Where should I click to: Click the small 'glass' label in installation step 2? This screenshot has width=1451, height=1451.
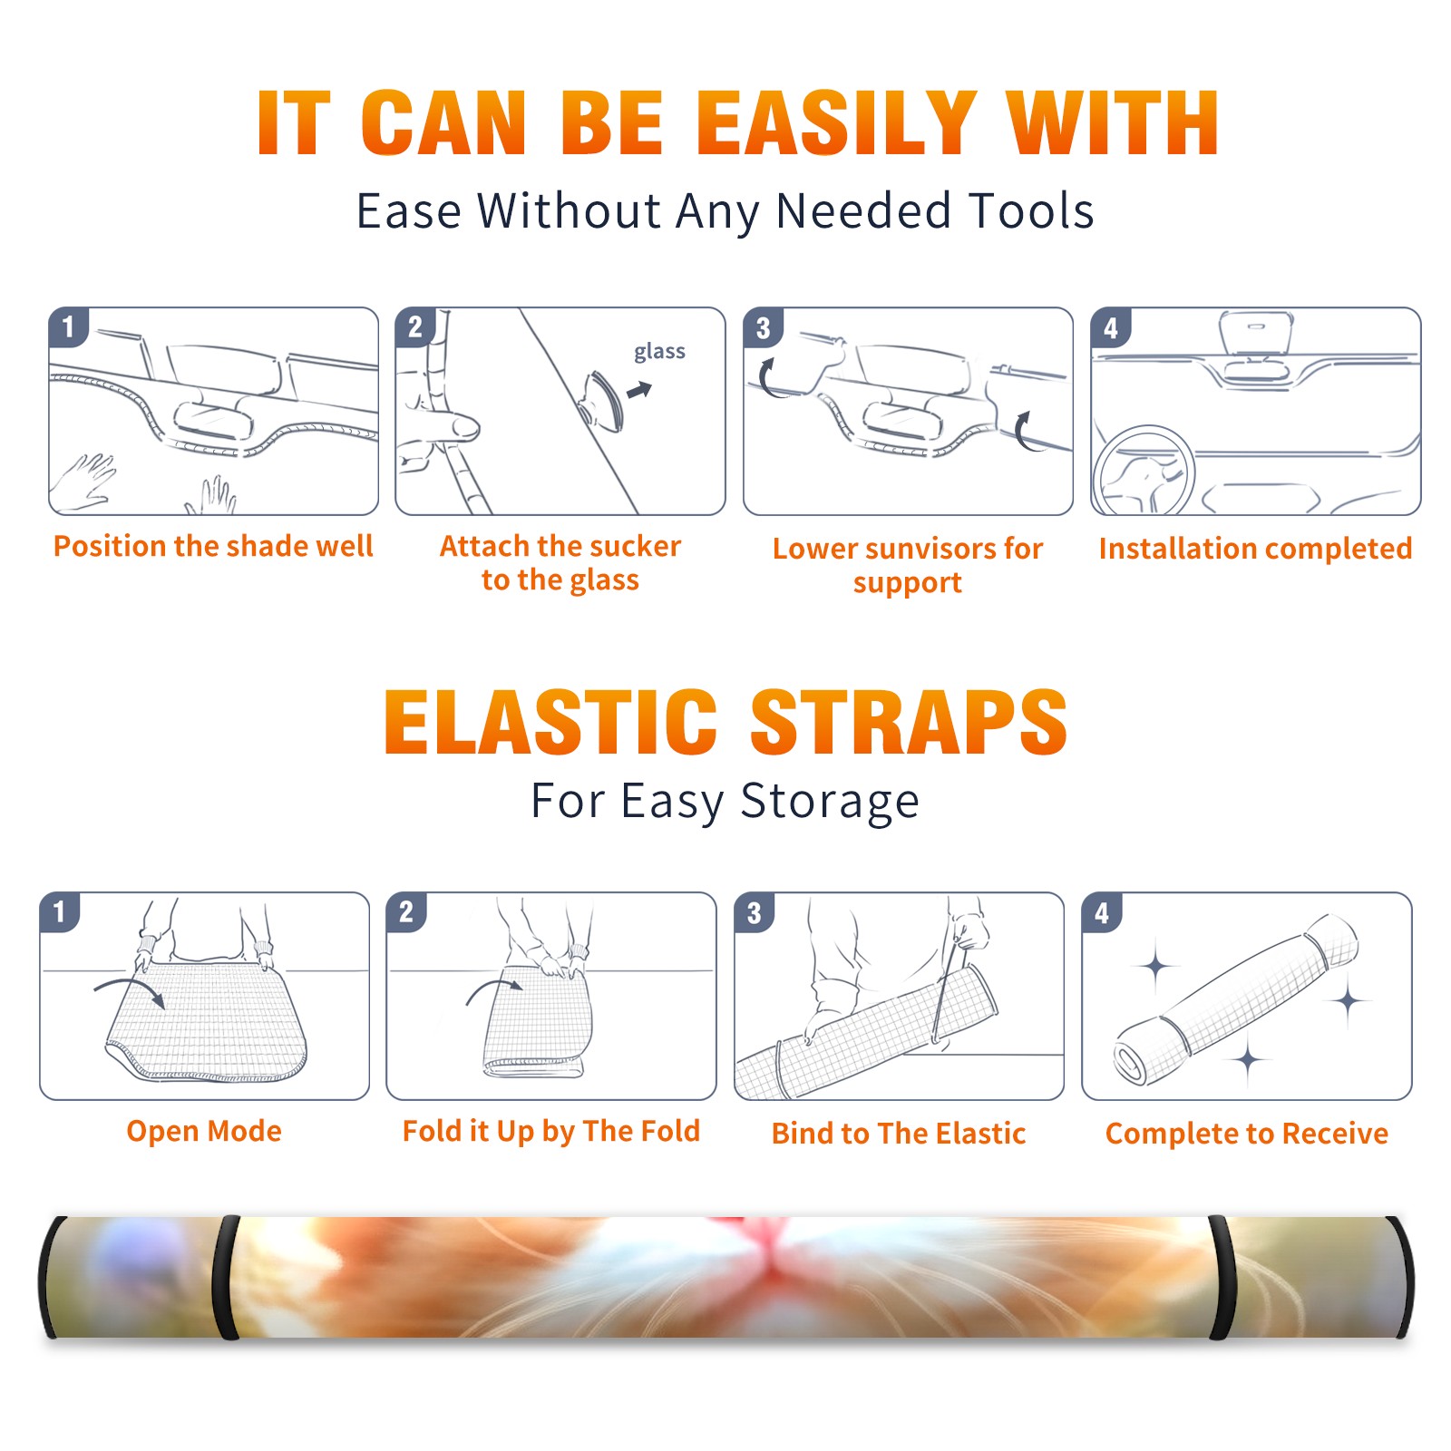click(x=659, y=352)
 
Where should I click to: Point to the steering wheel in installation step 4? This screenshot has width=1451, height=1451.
click(x=1144, y=471)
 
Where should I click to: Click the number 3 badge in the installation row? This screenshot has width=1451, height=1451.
click(x=763, y=328)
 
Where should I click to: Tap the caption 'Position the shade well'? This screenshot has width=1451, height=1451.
click(x=213, y=546)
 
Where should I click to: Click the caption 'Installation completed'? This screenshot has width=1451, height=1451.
click(x=1255, y=549)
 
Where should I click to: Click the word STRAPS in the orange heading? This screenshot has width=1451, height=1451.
click(x=909, y=722)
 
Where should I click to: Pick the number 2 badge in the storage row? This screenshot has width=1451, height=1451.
click(x=406, y=912)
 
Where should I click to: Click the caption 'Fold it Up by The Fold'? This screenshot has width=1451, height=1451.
click(x=551, y=1131)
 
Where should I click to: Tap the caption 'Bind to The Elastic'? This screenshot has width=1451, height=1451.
click(x=899, y=1134)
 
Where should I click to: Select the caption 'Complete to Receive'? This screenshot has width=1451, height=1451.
click(x=1247, y=1134)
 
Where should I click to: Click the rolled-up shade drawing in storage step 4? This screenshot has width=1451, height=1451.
click(x=1237, y=1000)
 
